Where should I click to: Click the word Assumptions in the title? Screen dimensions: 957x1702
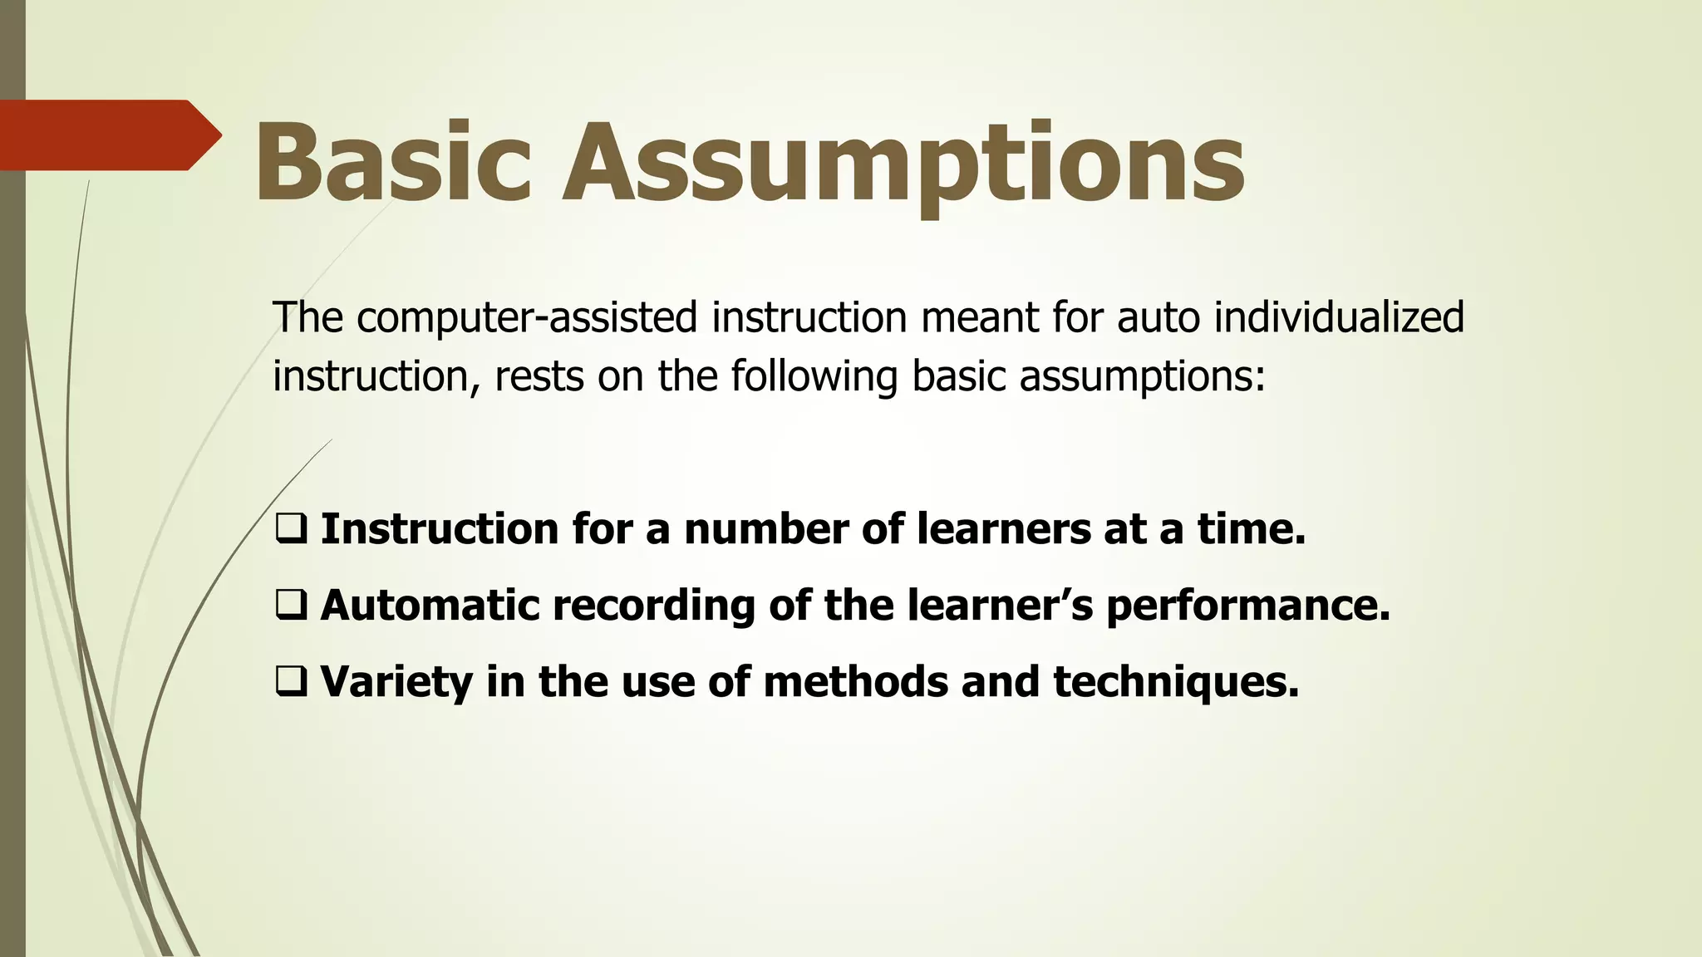point(903,163)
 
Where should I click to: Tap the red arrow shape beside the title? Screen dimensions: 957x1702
point(108,135)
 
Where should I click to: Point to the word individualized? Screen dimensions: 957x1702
point(1338,317)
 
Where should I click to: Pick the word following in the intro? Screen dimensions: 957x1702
point(814,376)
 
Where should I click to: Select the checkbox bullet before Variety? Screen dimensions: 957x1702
point(290,680)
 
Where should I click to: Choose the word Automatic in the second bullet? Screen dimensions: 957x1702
point(430,605)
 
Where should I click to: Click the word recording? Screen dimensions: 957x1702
point(653,606)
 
